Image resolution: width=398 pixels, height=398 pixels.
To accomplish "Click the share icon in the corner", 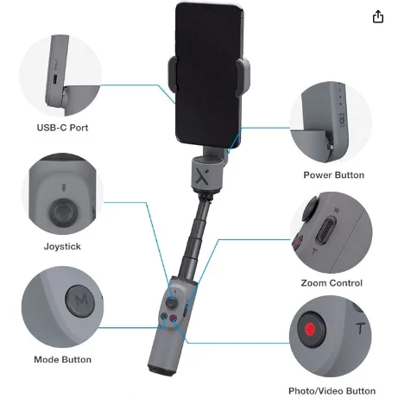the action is click(x=378, y=16).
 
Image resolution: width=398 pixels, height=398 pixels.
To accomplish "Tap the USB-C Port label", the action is click(x=62, y=128).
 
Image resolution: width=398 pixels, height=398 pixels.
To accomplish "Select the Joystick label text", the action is click(x=62, y=246).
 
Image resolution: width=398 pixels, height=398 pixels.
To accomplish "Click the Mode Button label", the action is click(x=62, y=359).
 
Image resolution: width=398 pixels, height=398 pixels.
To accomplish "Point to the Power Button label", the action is click(x=333, y=175).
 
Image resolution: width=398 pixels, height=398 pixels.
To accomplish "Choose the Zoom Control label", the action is click(x=332, y=283).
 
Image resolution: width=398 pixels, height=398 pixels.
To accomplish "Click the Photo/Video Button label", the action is click(x=332, y=391).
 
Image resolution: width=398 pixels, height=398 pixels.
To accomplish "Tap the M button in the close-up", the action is click(x=80, y=301).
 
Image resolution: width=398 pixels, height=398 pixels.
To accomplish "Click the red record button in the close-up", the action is click(x=311, y=329).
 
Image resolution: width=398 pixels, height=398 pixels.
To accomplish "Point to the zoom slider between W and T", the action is click(x=326, y=231).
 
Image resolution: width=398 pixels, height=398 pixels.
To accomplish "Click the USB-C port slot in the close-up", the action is click(x=55, y=79).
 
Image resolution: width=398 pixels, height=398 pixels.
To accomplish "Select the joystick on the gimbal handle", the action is click(x=172, y=302).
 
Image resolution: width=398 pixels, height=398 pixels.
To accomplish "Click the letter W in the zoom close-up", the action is click(x=336, y=211).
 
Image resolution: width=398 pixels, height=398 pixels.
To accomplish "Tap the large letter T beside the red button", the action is click(x=360, y=328).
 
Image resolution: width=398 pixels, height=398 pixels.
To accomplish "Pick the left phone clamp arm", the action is click(x=173, y=73).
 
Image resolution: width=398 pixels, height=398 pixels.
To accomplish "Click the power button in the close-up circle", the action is click(x=341, y=121).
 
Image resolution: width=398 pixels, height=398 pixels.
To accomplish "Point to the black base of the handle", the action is click(x=162, y=370).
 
